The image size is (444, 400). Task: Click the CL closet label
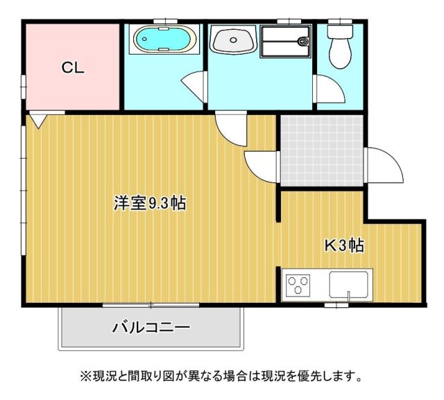point(73,68)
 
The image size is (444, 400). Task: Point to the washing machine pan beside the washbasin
point(286,40)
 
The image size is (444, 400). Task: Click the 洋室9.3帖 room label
point(149,204)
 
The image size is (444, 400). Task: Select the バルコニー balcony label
point(151,327)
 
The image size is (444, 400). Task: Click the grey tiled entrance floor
point(322,150)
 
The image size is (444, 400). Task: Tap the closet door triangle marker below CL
point(38,122)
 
